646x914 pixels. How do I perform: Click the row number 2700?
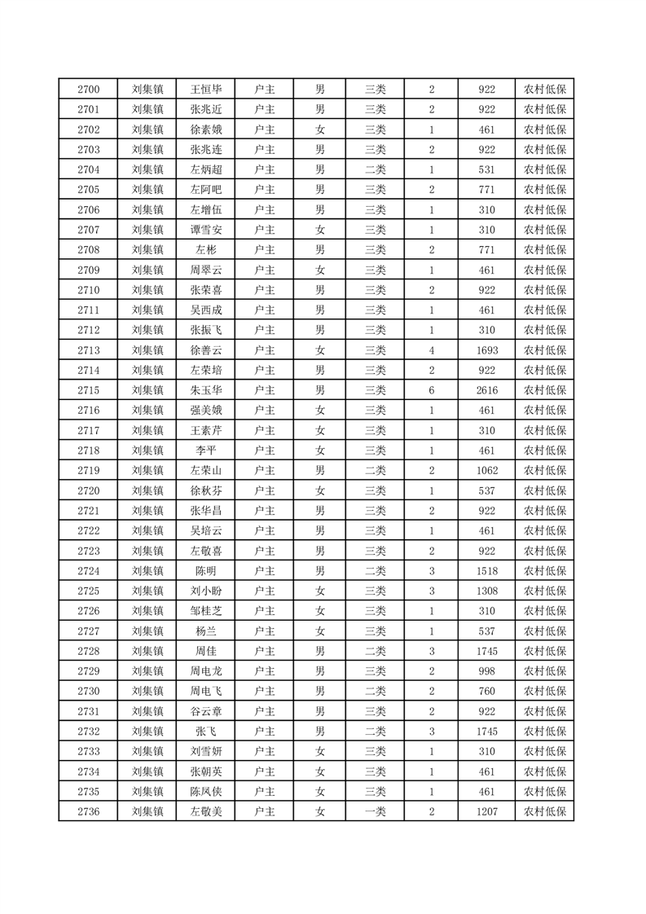pos(88,90)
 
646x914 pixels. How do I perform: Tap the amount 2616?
pos(487,390)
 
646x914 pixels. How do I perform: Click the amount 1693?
pos(487,350)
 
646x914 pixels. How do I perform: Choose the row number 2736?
pos(88,811)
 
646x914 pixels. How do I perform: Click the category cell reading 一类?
pos(375,811)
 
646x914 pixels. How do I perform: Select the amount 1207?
pos(487,811)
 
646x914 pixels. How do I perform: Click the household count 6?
pos(431,390)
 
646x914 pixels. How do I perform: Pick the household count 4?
pos(431,350)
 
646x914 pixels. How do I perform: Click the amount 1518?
pos(487,571)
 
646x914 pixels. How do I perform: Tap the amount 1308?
pos(487,591)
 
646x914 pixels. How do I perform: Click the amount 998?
pos(487,671)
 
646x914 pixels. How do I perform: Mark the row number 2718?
pos(88,450)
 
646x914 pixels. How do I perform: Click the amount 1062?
pos(487,471)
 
